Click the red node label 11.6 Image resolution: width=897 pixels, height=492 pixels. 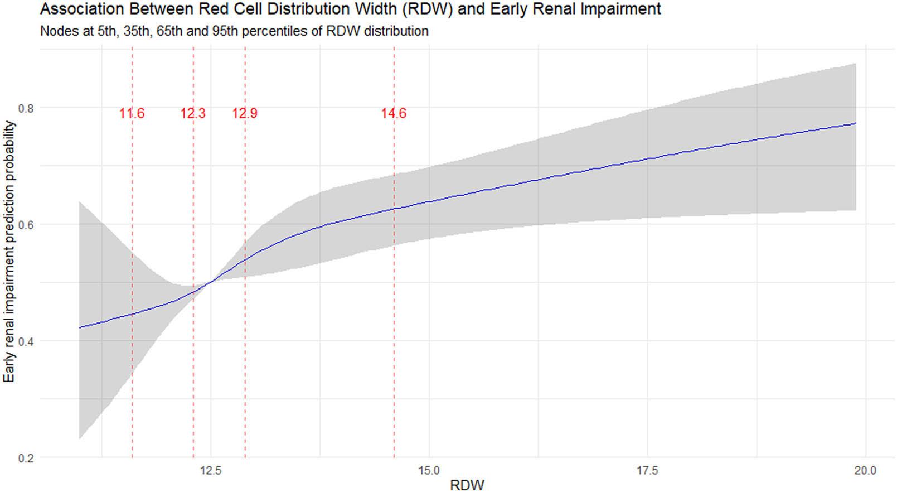(x=132, y=113)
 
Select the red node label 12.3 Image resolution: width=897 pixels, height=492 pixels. (x=193, y=113)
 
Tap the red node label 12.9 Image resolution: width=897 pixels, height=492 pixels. (x=245, y=113)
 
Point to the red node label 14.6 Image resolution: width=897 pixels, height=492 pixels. (x=394, y=113)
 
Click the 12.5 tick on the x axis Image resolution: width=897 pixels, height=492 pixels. (x=210, y=471)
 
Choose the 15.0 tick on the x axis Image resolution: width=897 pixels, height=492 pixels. (x=429, y=471)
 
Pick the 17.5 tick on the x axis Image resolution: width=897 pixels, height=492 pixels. (x=647, y=471)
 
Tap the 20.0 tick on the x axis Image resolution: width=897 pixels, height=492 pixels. (x=865, y=471)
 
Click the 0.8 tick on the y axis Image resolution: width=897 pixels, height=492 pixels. (x=26, y=108)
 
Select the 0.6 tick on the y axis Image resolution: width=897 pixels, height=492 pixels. (x=26, y=225)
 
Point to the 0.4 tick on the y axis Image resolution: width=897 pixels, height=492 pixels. (x=26, y=341)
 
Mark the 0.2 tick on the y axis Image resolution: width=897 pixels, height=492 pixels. (x=26, y=458)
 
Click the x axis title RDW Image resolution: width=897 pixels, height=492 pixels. (x=467, y=485)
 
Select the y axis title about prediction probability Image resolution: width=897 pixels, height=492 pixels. (x=9, y=252)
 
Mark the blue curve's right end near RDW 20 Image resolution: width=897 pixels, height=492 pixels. (x=855, y=123)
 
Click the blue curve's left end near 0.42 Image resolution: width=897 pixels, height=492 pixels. (x=80, y=327)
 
